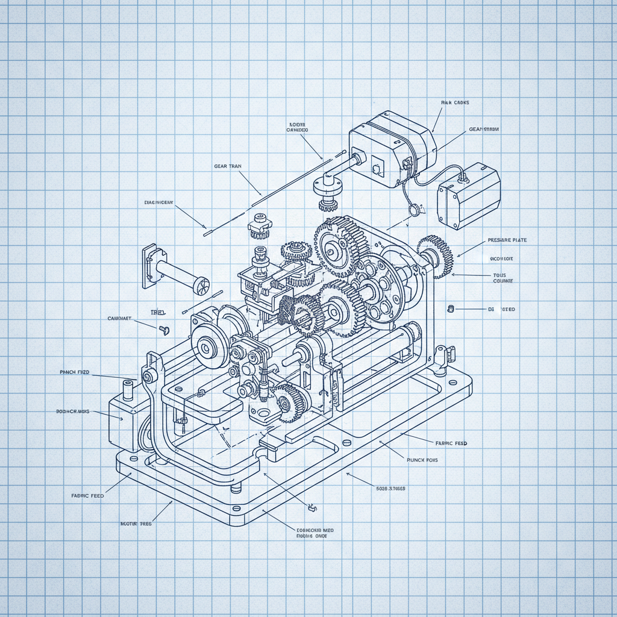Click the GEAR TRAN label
pos(228,166)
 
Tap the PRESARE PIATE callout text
pos(507,240)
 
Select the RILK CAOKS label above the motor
pos(455,103)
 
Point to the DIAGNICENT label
pos(159,202)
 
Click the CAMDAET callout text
pos(119,318)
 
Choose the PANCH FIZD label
pos(75,374)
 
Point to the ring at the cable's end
pos(413,210)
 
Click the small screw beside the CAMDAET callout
pos(163,330)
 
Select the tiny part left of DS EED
pos(450,309)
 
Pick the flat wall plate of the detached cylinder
pos(148,266)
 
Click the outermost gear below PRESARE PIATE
pos(435,255)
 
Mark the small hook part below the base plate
pos(312,508)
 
